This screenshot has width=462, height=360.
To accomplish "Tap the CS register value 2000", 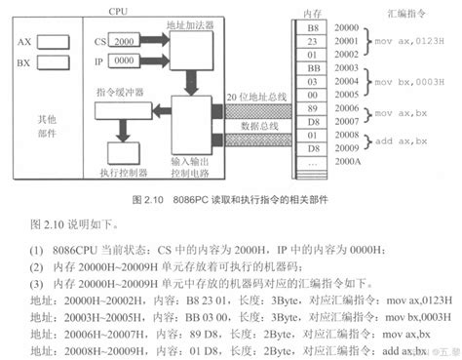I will click(x=125, y=43).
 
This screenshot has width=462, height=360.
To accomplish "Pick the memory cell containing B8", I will click(x=311, y=30).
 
